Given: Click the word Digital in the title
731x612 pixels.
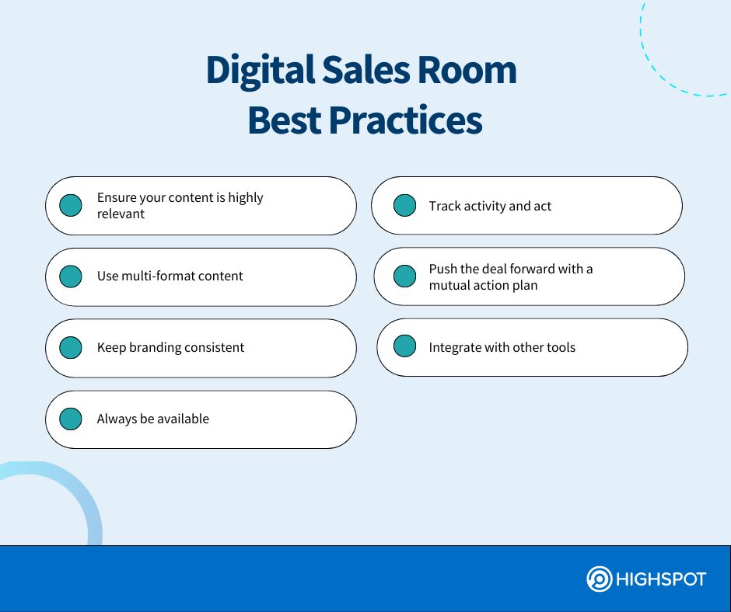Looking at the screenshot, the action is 261,71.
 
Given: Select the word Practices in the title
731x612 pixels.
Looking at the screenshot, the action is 406,120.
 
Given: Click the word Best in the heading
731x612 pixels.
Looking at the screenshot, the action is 285,120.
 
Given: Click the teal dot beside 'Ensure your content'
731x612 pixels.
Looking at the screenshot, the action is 71,205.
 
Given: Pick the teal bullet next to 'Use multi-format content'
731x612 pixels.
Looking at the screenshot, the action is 71,276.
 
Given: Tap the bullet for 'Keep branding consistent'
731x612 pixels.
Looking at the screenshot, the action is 71,347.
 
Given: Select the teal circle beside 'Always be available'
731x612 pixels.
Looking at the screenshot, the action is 71,419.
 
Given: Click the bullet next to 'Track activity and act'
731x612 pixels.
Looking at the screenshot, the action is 404,205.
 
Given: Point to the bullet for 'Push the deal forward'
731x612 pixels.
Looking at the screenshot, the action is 404,276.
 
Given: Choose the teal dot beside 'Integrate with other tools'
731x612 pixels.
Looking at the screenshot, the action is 404,346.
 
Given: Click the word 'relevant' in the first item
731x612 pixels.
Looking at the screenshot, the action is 121,214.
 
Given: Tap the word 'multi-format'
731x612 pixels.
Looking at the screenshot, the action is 152,276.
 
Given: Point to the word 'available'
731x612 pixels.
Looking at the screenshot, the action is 184,419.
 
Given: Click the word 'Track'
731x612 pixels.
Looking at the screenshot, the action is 444,206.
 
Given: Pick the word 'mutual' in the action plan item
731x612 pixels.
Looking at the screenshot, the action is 446,285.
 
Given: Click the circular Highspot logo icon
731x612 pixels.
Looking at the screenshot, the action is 599,579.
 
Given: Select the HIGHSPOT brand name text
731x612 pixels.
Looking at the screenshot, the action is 661,579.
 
